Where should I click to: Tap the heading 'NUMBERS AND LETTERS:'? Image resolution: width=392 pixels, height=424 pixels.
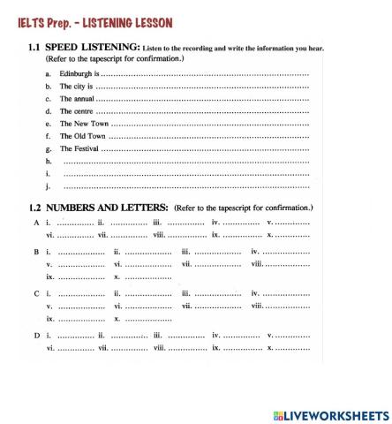coord(108,208)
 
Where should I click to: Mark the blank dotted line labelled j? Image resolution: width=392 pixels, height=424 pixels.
coord(185,187)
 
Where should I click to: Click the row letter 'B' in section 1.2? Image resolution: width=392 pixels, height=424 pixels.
coord(36,253)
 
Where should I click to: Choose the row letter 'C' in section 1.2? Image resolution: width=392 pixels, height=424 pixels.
coord(36,292)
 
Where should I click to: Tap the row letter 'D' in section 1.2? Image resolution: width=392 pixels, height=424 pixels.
coord(36,335)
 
